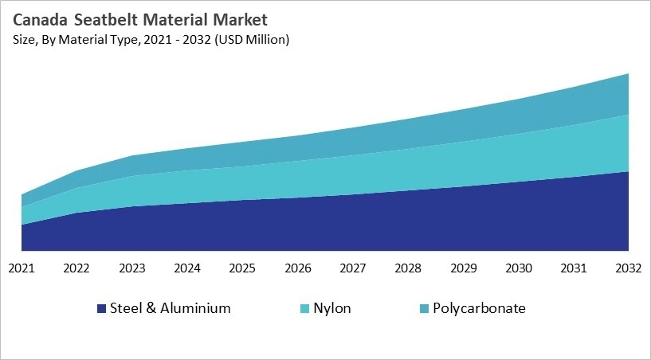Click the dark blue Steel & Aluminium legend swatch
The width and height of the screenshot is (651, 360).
101,309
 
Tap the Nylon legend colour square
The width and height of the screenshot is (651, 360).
305,309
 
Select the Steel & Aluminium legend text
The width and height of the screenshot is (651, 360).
171,308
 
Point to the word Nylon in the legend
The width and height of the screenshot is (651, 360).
333,308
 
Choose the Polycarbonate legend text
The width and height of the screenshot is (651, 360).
479,308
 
